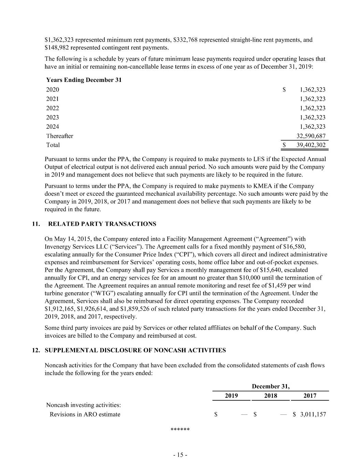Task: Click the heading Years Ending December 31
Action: (x=84, y=80)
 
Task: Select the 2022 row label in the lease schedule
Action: (x=53, y=108)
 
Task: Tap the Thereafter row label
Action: (x=60, y=136)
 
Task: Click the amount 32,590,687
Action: (x=311, y=136)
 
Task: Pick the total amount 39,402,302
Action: (x=311, y=145)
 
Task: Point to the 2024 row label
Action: (x=53, y=127)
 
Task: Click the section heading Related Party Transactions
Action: (x=102, y=224)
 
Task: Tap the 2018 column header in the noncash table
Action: (x=271, y=396)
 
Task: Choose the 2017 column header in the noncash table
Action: (x=309, y=396)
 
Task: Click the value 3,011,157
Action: (x=313, y=414)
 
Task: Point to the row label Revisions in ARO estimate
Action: (x=85, y=414)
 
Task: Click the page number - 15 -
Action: (x=180, y=455)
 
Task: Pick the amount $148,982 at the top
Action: (x=57, y=47)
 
